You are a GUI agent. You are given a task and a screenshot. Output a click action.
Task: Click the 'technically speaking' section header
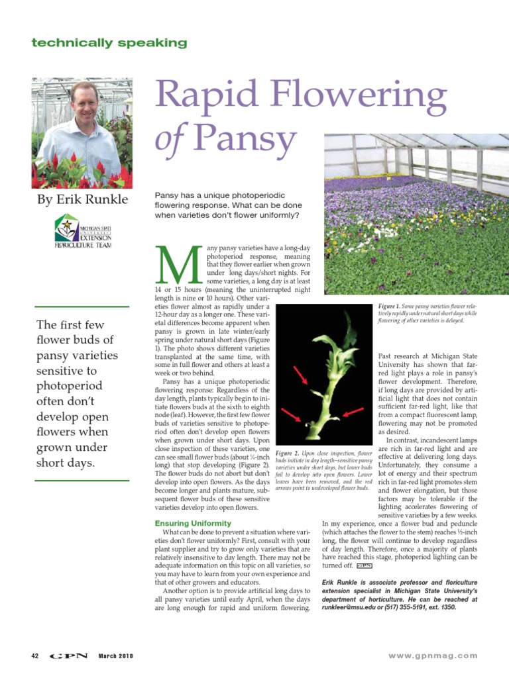pyautogui.click(x=109, y=43)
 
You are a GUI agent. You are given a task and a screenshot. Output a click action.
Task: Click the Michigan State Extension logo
pyautogui.click(x=83, y=230)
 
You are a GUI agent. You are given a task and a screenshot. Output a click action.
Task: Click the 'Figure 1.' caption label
pyautogui.click(x=388, y=307)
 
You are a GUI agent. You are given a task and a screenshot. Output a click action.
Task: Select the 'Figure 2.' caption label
pyautogui.click(x=286, y=452)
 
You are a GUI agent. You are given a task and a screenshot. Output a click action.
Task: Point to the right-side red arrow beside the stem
pyautogui.click(x=353, y=415)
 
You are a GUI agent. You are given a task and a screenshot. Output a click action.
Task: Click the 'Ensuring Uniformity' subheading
pyautogui.click(x=192, y=524)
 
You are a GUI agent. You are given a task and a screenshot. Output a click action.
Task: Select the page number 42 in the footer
pyautogui.click(x=35, y=655)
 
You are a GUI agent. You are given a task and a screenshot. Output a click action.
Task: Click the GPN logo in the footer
pyautogui.click(x=69, y=655)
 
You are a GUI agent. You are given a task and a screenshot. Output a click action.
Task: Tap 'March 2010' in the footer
pyautogui.click(x=116, y=655)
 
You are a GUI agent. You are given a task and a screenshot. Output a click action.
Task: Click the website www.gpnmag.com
pyautogui.click(x=432, y=655)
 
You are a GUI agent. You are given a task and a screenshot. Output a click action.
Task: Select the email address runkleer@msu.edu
pyautogui.click(x=349, y=607)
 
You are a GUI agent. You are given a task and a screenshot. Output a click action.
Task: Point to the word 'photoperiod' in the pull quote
pyautogui.click(x=70, y=386)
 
